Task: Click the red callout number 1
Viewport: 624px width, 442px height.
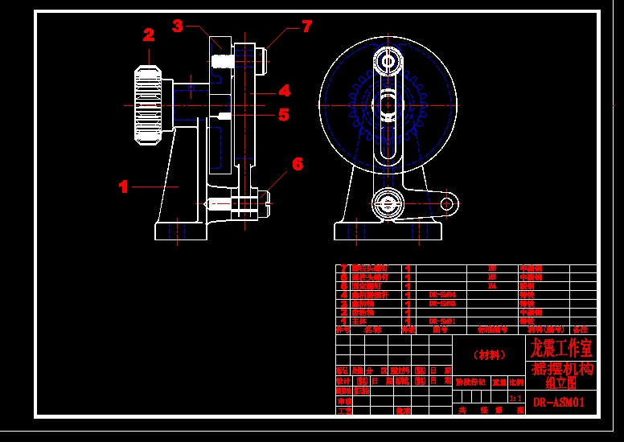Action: pyautogui.click(x=123, y=186)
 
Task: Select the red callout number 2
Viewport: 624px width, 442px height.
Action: pyautogui.click(x=149, y=35)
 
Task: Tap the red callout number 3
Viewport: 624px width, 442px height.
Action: pyautogui.click(x=178, y=26)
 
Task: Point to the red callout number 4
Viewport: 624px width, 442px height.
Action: pyautogui.click(x=285, y=91)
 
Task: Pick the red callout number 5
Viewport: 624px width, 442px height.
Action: pyautogui.click(x=283, y=115)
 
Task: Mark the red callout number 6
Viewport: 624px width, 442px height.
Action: pyautogui.click(x=298, y=164)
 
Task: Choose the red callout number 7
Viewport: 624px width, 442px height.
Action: pyautogui.click(x=306, y=27)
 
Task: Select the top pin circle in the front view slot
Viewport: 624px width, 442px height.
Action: pyautogui.click(x=388, y=61)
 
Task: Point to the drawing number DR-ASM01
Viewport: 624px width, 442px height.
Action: pyautogui.click(x=560, y=402)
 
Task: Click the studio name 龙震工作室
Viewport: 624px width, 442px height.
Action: pyautogui.click(x=561, y=348)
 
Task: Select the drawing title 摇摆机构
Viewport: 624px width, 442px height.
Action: pyautogui.click(x=562, y=369)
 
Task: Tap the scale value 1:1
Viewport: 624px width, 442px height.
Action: pyautogui.click(x=515, y=397)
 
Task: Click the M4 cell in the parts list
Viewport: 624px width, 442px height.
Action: pyautogui.click(x=492, y=285)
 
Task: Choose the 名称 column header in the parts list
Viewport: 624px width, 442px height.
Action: pyautogui.click(x=373, y=329)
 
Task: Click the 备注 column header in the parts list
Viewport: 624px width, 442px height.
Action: pyautogui.click(x=581, y=329)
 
